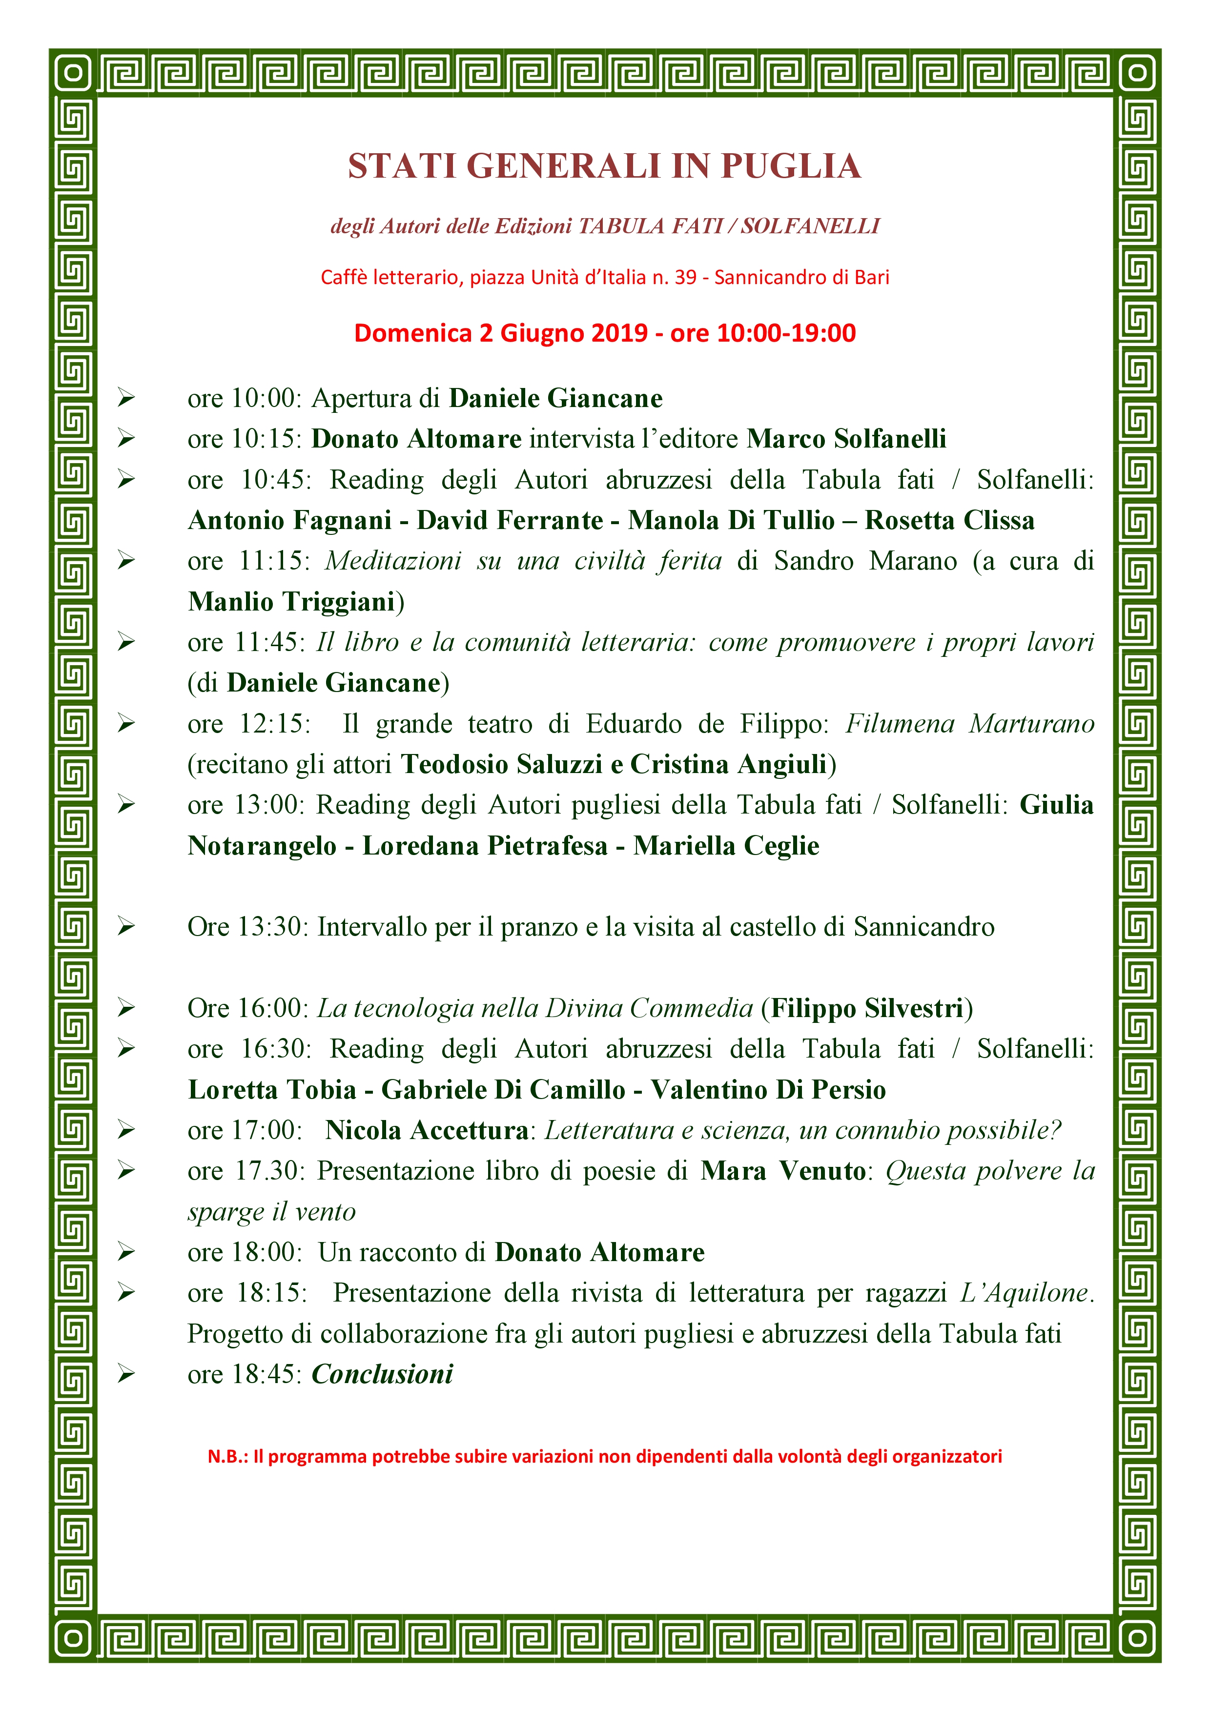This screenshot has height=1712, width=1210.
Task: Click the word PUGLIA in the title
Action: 790,166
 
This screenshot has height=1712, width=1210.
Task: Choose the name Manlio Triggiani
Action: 291,601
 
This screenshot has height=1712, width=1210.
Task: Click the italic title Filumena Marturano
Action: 969,723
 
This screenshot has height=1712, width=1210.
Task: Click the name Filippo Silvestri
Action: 867,1008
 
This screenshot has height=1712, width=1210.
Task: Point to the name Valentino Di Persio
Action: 768,1089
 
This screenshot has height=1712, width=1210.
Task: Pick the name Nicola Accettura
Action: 427,1130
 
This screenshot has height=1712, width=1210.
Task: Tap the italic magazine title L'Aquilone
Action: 1025,1293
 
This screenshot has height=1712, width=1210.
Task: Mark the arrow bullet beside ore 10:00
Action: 126,398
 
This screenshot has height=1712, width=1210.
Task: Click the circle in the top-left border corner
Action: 73,73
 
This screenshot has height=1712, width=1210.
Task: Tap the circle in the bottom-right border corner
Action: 1137,1638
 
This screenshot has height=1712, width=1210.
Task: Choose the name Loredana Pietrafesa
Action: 485,846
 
